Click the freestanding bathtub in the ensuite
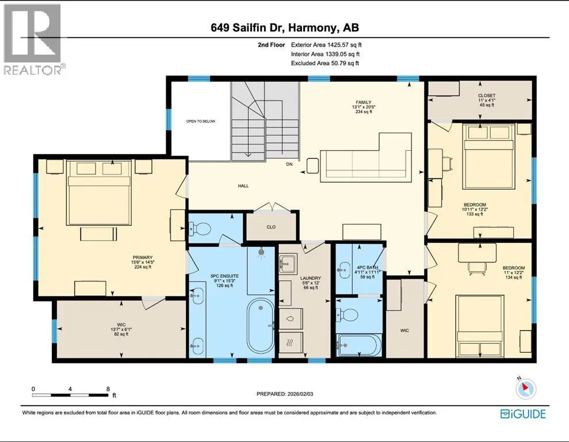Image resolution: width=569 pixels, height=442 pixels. [x=261, y=326]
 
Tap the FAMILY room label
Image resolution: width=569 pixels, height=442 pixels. [x=364, y=102]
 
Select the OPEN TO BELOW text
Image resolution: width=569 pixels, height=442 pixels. [x=201, y=121]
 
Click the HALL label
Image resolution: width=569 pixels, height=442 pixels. [x=243, y=186]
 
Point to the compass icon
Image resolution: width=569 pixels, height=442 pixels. [x=525, y=388]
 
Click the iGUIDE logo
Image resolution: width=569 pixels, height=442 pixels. [x=523, y=414]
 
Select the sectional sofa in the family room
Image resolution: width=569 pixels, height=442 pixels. [x=366, y=157]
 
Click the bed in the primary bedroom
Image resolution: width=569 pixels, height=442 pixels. [x=99, y=193]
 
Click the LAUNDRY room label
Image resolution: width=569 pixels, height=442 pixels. [x=311, y=279]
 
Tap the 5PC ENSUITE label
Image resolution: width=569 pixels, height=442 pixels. [x=224, y=276]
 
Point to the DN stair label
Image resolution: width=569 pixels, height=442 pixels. [x=289, y=164]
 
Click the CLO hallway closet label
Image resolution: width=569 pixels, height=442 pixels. [x=271, y=227]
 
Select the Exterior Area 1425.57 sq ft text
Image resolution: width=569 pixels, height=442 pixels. [x=326, y=45]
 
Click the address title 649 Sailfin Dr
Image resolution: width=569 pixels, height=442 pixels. [x=248, y=28]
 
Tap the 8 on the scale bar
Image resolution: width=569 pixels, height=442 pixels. [x=108, y=388]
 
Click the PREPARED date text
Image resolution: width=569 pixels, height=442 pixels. [x=285, y=394]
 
